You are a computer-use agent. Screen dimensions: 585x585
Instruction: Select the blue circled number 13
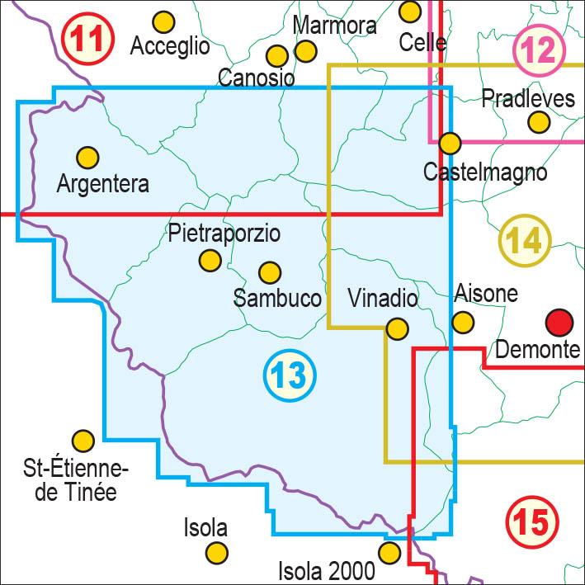[x=290, y=375]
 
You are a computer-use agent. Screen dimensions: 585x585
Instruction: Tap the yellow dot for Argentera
[x=87, y=156]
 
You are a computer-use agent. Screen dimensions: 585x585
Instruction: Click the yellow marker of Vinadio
[x=398, y=329]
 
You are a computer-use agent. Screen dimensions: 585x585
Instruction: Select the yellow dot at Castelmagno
[x=450, y=144]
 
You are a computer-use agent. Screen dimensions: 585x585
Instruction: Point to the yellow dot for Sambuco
[x=270, y=271]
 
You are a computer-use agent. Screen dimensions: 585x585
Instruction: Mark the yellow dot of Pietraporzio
[x=210, y=261]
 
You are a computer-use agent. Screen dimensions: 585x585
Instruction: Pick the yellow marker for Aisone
[x=464, y=321]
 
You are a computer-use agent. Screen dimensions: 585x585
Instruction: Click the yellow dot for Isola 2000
[x=389, y=552]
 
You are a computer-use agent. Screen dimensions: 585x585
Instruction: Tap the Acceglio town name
[x=170, y=46]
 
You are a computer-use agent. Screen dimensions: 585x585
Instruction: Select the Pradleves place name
[x=528, y=99]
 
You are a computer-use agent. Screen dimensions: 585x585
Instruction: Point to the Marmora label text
[x=334, y=26]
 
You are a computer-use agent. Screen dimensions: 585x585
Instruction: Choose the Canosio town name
[x=257, y=78]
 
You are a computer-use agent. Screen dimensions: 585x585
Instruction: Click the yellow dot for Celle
[x=410, y=12]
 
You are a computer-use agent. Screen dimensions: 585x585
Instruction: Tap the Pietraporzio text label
[x=224, y=234]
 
